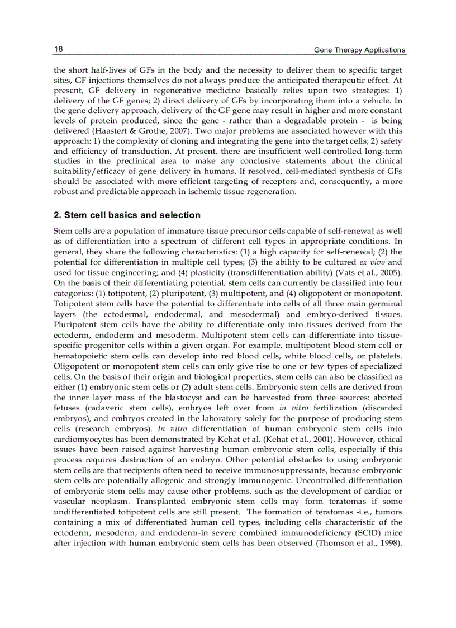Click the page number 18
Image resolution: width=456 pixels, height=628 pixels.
click(58, 49)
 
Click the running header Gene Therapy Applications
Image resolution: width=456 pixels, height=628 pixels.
click(359, 50)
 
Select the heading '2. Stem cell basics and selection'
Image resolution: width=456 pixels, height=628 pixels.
click(127, 215)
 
